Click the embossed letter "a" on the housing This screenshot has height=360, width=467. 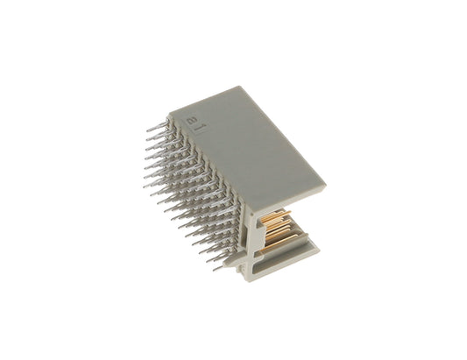(x=190, y=121)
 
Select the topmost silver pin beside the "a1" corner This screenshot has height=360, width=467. (x=156, y=126)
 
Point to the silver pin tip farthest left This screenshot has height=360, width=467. (x=144, y=186)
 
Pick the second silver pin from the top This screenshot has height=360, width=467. (x=156, y=136)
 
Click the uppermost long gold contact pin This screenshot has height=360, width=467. (x=276, y=215)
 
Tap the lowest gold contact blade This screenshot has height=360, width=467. (x=281, y=242)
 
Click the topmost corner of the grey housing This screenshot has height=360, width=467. (x=239, y=87)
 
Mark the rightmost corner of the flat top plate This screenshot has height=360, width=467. (x=327, y=185)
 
